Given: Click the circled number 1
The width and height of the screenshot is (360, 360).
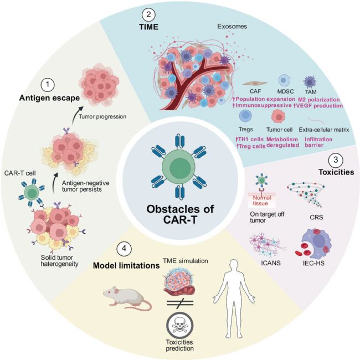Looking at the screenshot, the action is [x=48, y=85].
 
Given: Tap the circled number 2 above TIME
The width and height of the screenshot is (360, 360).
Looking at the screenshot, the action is [x=148, y=15].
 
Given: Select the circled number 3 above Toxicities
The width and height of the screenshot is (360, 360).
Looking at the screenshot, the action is [x=336, y=160].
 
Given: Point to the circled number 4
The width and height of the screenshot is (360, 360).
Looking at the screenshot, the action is [x=124, y=249].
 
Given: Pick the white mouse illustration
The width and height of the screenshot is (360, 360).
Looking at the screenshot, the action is [x=127, y=298].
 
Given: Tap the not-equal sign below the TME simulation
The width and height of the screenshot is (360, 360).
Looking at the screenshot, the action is [x=180, y=303].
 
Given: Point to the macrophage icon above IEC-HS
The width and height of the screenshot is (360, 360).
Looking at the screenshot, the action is [x=313, y=242].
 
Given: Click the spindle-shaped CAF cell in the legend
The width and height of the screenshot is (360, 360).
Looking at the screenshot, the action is [x=255, y=83].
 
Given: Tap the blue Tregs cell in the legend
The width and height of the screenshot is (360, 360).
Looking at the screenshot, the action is [x=245, y=116].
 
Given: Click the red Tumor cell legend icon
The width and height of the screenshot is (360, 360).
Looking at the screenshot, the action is [x=278, y=116].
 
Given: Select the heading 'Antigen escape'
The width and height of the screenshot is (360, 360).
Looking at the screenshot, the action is [x=49, y=98].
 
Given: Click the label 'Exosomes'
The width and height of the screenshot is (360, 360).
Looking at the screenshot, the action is [x=232, y=27].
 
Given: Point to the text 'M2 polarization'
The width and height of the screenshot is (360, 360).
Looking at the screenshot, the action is [x=318, y=100].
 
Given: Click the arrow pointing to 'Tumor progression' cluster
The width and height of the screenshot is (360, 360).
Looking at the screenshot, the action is [x=76, y=115].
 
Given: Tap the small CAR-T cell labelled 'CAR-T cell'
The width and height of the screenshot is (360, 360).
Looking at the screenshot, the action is [x=32, y=192].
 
